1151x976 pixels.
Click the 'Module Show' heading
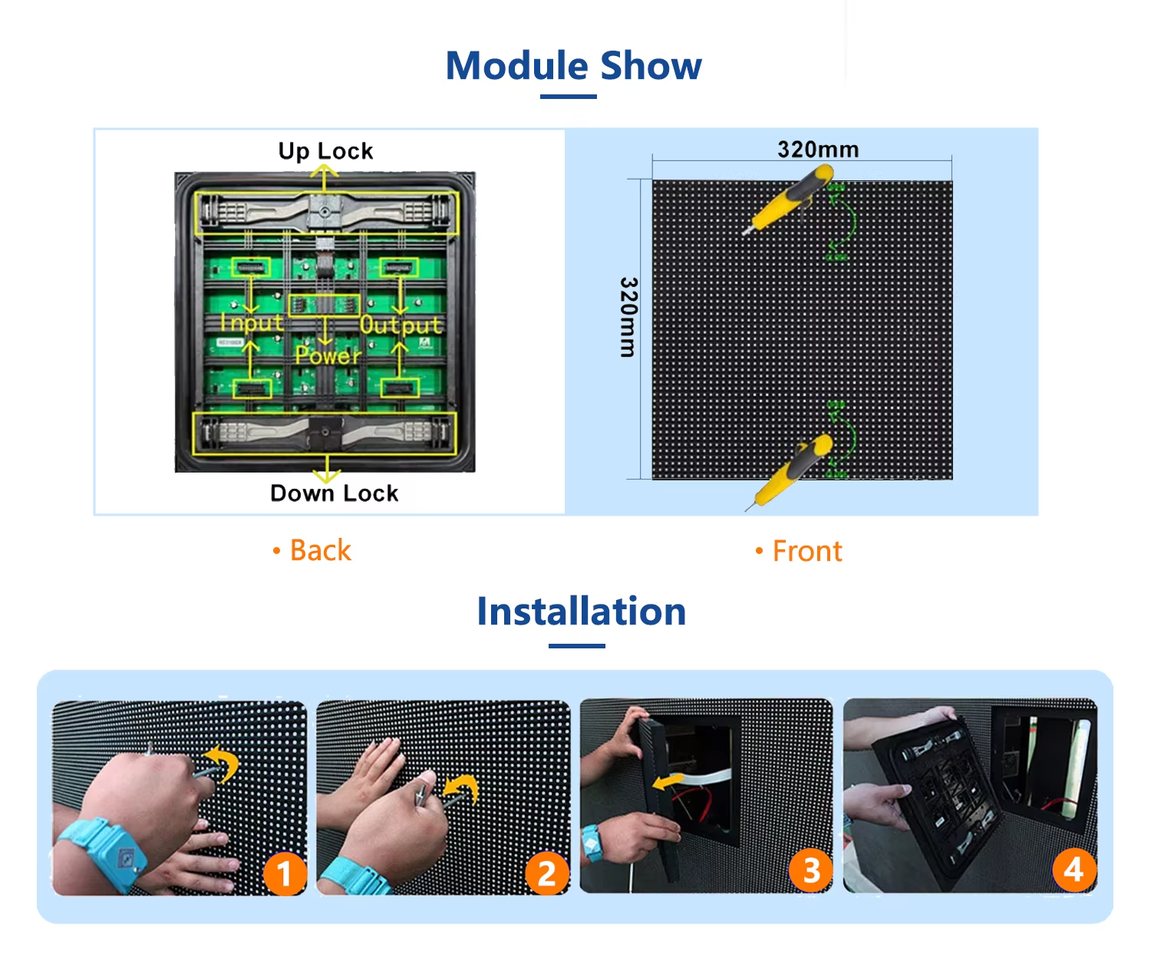(x=573, y=66)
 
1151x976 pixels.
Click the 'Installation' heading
(x=582, y=612)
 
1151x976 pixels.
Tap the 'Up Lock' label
(x=326, y=151)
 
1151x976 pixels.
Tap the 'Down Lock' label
(x=334, y=493)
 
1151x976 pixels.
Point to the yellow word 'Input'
(x=252, y=322)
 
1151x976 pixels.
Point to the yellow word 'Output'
(x=401, y=325)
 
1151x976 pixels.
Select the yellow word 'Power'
(x=328, y=355)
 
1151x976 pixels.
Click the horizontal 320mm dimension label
(x=818, y=149)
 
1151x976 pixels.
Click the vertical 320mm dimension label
(x=628, y=317)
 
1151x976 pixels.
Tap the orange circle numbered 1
(x=285, y=873)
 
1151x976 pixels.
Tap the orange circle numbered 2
(x=547, y=873)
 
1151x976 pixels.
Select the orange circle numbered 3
(x=811, y=871)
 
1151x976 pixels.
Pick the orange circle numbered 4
(x=1074, y=869)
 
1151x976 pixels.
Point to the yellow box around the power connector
(x=325, y=305)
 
